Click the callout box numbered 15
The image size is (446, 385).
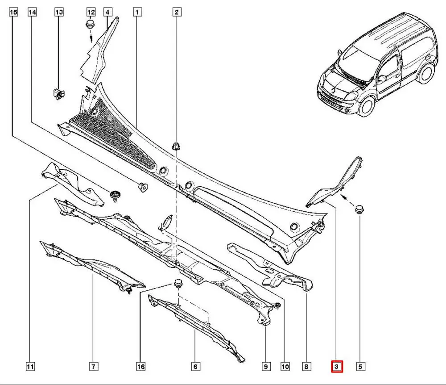pyautogui.click(x=13, y=13)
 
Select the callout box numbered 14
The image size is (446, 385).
pyautogui.click(x=32, y=13)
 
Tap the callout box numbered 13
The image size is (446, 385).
pyautogui.click(x=59, y=13)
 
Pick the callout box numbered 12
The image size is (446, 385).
pyautogui.click(x=91, y=13)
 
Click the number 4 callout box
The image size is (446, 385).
pyautogui.click(x=107, y=13)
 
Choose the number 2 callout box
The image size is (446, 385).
pyautogui.click(x=177, y=13)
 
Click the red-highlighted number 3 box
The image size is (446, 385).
pyautogui.click(x=336, y=367)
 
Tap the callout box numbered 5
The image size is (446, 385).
pyautogui.click(x=360, y=367)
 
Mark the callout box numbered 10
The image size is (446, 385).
pyautogui.click(x=285, y=367)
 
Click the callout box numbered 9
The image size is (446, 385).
pyautogui.click(x=265, y=367)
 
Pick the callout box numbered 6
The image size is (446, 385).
pyautogui.click(x=195, y=367)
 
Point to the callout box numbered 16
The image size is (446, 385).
pyautogui.click(x=140, y=367)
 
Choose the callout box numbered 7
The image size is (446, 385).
pyautogui.click(x=93, y=367)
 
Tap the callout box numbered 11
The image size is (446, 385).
pyautogui.click(x=30, y=367)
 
